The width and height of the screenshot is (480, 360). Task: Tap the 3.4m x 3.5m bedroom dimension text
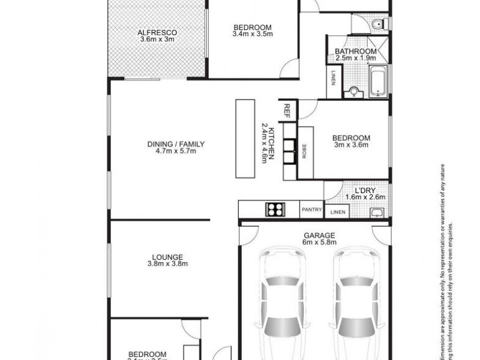point(253,35)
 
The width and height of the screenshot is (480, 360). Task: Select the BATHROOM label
point(356,52)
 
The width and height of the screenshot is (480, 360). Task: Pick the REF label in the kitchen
point(287,111)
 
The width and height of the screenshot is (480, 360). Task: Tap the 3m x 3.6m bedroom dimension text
point(351,145)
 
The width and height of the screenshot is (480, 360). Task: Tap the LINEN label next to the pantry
point(338,212)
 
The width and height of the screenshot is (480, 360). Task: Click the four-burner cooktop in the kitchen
point(275,209)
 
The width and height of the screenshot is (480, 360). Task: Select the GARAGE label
point(319,235)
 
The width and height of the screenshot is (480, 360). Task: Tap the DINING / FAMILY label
point(176,144)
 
